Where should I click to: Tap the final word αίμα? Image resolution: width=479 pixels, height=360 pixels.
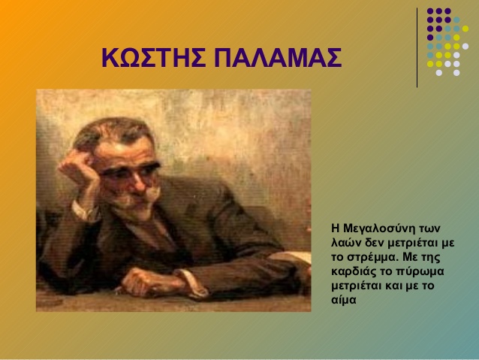[344, 300]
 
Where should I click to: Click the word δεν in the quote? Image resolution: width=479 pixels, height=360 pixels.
[375, 243]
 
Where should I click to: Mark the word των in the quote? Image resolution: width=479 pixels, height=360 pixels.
[429, 228]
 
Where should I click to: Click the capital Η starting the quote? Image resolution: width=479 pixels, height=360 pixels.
[336, 228]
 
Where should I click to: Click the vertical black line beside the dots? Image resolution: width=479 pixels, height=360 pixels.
[417, 47]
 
